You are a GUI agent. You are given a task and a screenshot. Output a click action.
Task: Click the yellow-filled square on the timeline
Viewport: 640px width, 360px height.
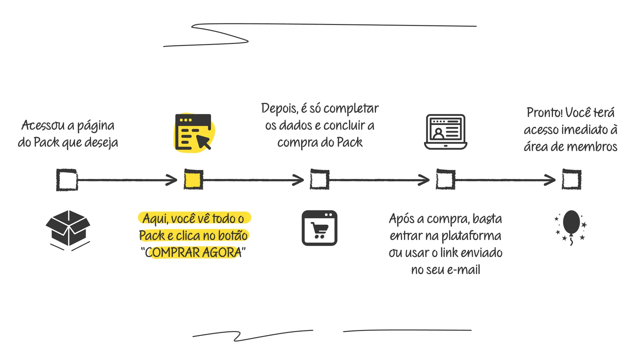[x=193, y=180]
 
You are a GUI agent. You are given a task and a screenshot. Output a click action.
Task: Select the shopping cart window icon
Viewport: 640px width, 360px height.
[x=319, y=228]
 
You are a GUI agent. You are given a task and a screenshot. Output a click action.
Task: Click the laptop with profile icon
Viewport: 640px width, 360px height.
[x=445, y=132]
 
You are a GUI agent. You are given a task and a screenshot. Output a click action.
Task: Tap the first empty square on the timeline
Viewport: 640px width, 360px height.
[x=67, y=180]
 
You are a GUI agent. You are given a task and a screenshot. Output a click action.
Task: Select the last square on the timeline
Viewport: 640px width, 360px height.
[x=571, y=180]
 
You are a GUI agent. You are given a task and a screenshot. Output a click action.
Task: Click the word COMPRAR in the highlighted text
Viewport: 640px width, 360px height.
[x=173, y=253]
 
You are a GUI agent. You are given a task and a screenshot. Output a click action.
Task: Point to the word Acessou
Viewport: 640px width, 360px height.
[x=43, y=126]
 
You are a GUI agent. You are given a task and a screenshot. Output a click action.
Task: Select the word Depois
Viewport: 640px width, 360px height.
[x=279, y=109]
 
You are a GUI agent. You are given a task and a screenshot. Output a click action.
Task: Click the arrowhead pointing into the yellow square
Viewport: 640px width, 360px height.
[x=173, y=180]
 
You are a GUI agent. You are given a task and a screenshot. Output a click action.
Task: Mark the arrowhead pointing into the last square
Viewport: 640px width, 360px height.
[x=551, y=180]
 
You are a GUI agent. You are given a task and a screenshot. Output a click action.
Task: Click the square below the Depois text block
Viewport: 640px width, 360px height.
[x=319, y=180]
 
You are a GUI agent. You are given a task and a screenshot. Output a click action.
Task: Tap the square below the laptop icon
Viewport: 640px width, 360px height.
[x=445, y=180]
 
